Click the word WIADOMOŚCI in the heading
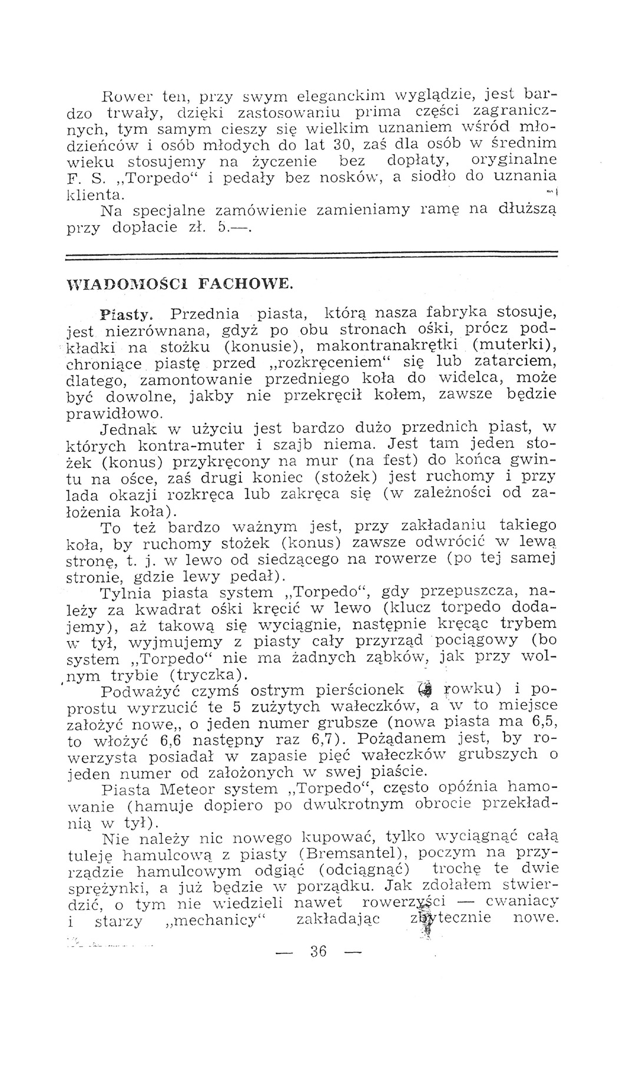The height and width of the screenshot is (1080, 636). pyautogui.click(x=118, y=285)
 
